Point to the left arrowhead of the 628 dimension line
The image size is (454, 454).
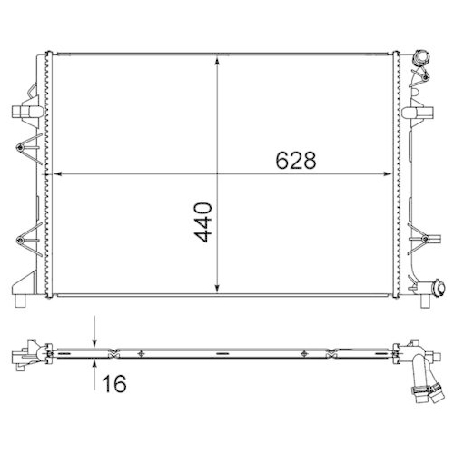58,173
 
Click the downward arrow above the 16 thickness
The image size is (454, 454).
95,340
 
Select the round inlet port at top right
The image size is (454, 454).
420,61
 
